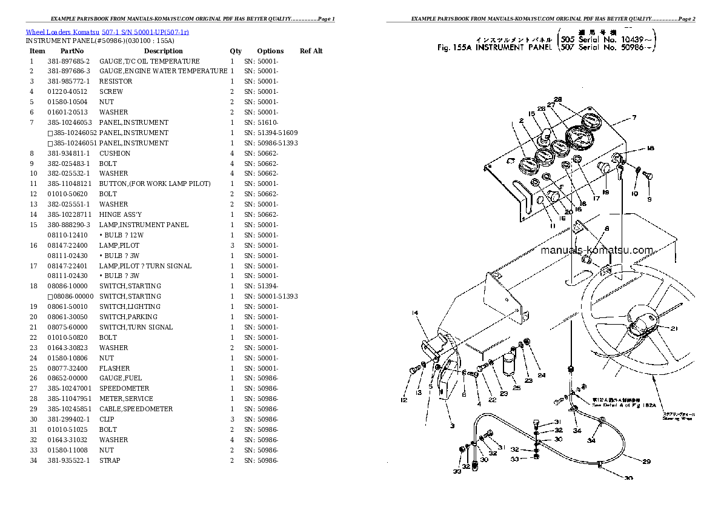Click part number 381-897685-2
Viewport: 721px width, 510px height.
pos(68,61)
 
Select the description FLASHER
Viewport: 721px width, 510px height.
pos(115,368)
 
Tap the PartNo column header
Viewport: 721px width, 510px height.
pos(71,51)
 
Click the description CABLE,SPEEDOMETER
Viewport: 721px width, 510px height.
pos(136,409)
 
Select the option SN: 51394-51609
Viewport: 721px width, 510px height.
pos(271,133)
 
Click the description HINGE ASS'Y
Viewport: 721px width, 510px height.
pos(121,214)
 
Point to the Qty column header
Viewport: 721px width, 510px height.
pos(236,51)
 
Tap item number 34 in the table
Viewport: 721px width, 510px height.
pos(33,460)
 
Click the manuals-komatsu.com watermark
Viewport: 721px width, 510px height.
pos(596,250)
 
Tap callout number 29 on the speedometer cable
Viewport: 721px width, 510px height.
pos(646,462)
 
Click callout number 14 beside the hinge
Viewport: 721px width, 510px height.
pos(414,313)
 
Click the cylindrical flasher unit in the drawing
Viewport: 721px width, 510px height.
pos(510,367)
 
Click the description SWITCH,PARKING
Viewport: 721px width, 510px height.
pos(128,317)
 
